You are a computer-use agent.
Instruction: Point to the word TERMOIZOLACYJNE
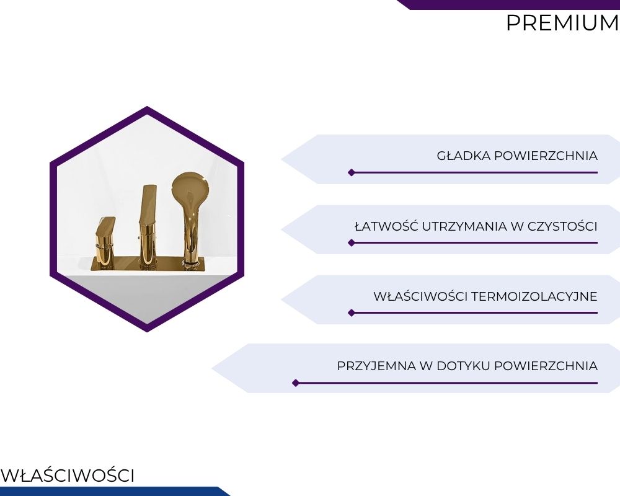(534, 296)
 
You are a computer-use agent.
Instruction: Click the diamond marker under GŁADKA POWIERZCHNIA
(351, 172)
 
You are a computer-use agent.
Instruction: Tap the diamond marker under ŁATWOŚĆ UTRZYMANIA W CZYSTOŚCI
(351, 243)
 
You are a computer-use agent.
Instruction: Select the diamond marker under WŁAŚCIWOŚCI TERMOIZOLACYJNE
(351, 313)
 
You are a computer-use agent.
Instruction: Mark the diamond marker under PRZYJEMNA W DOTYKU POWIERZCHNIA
(295, 383)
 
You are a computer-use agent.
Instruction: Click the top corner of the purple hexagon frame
(147, 107)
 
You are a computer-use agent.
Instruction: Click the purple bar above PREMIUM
(508, 4)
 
